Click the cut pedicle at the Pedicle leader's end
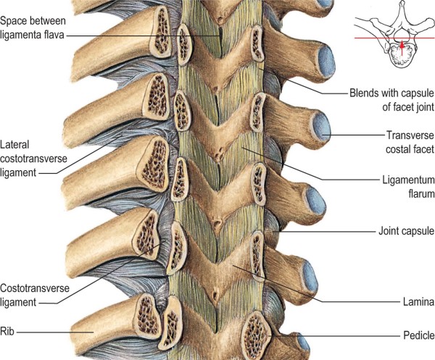pos(256,331)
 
